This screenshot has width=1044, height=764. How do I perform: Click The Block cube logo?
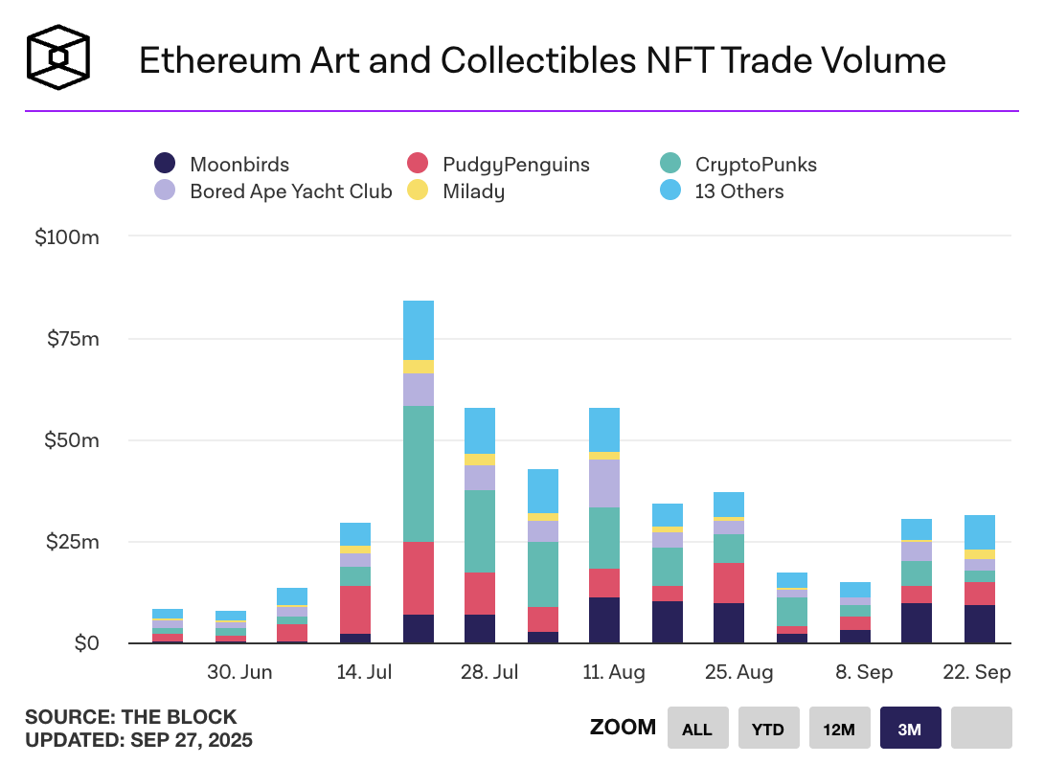[x=58, y=58]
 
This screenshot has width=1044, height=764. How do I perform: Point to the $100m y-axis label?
[x=67, y=237]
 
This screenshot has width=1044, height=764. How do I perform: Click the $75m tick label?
[x=73, y=339]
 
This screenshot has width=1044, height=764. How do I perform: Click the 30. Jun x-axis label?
[x=240, y=672]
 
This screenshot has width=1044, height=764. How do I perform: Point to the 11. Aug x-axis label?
[x=613, y=672]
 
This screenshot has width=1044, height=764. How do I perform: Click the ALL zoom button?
[x=697, y=729]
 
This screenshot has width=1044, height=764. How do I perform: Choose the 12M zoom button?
[x=839, y=729]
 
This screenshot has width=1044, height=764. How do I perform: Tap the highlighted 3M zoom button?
[x=910, y=729]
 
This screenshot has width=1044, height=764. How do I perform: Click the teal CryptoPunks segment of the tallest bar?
[x=419, y=474]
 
